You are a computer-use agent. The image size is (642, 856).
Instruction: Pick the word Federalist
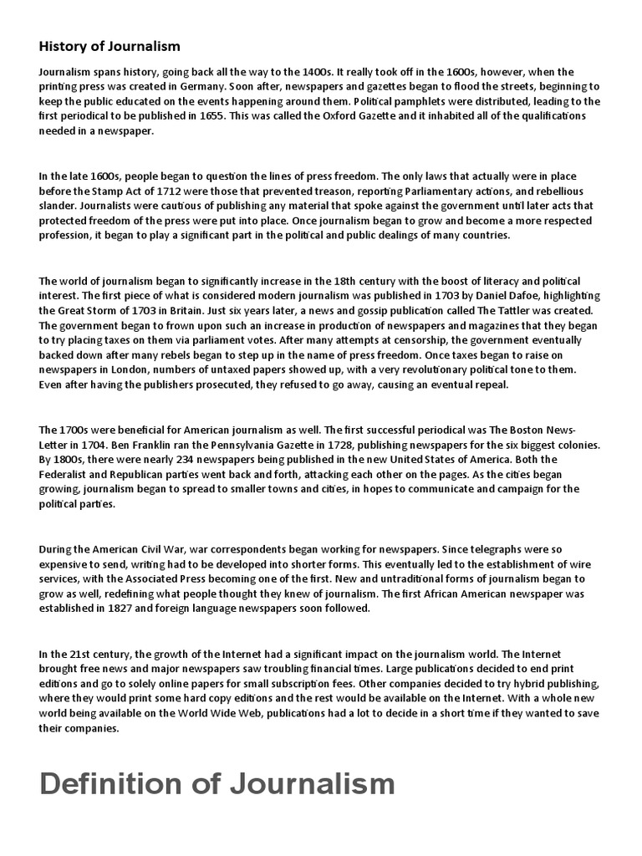(69, 476)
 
